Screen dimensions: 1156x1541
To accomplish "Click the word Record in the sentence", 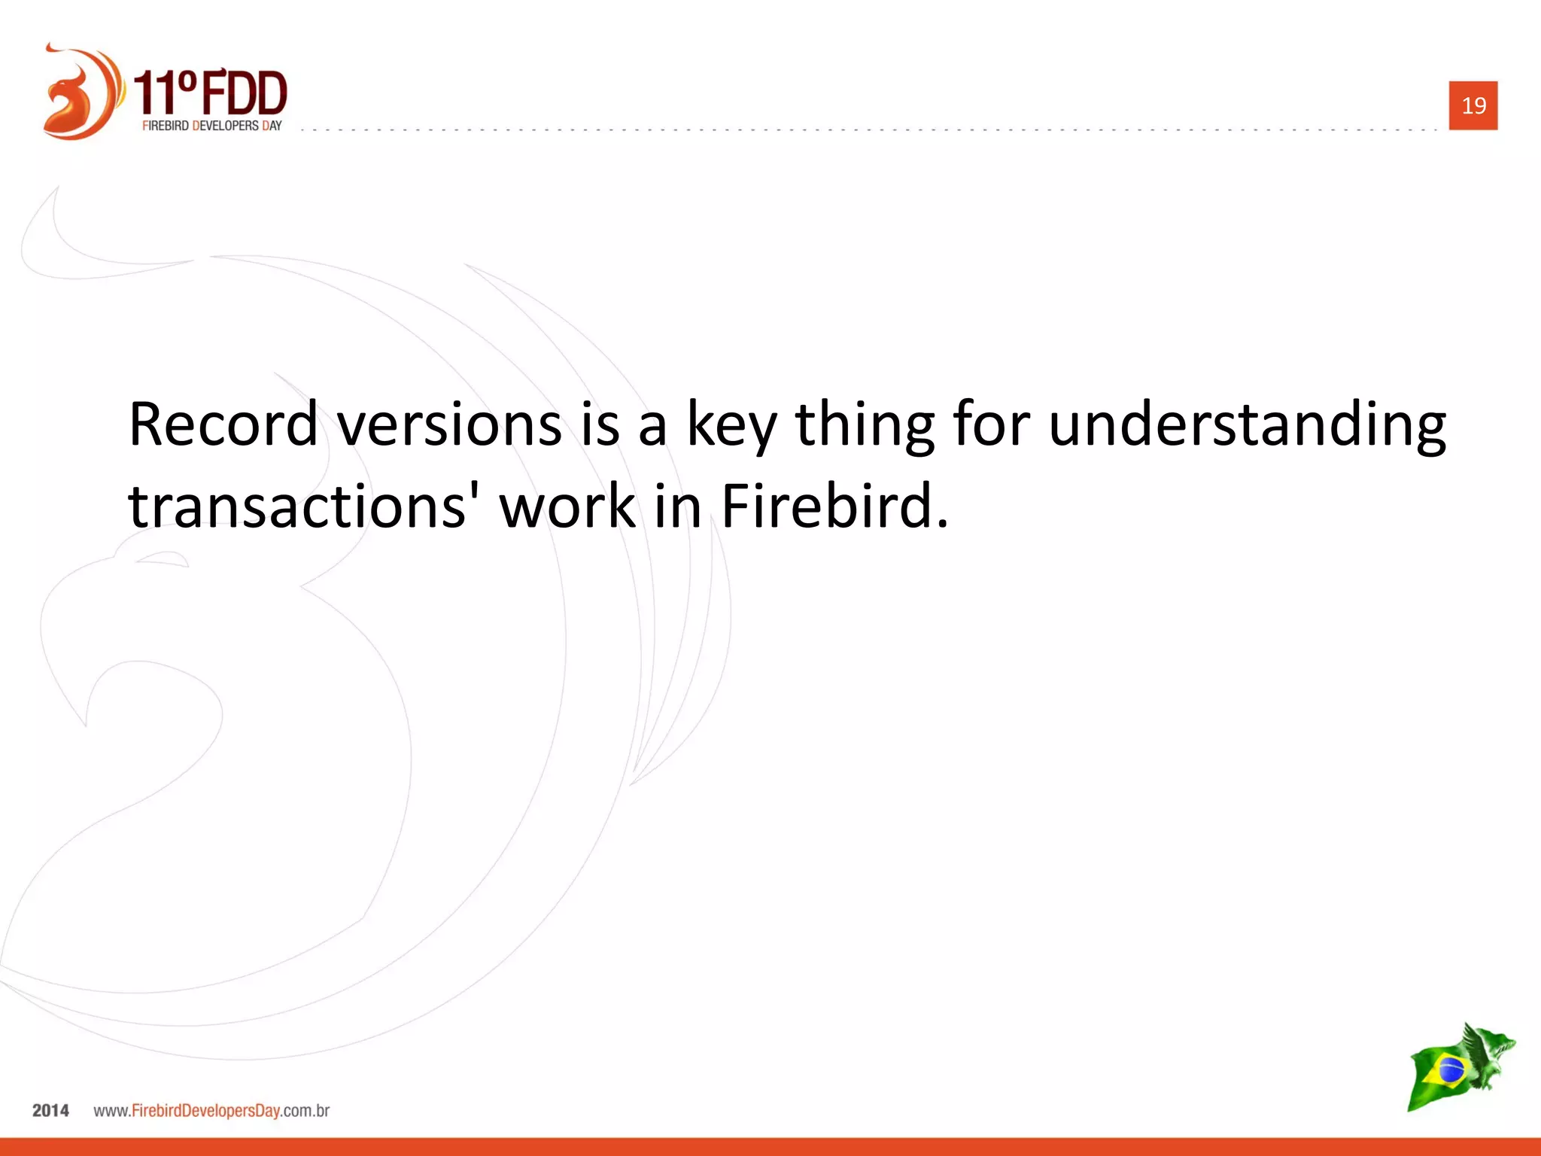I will click(x=223, y=424).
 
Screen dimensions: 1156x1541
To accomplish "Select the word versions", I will click(x=449, y=424).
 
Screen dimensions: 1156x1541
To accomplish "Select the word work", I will click(x=568, y=506).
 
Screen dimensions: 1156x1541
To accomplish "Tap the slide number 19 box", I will click(x=1473, y=105).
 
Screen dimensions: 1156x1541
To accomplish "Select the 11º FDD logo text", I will click(x=211, y=92).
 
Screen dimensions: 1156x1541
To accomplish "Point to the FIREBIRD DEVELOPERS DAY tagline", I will click(x=211, y=126).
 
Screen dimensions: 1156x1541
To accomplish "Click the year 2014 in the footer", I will click(x=50, y=1111).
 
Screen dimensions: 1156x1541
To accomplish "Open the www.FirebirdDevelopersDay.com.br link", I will click(x=211, y=1111).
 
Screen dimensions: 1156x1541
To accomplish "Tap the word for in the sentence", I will click(x=991, y=424).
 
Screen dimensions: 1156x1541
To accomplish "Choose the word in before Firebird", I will click(x=678, y=506).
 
